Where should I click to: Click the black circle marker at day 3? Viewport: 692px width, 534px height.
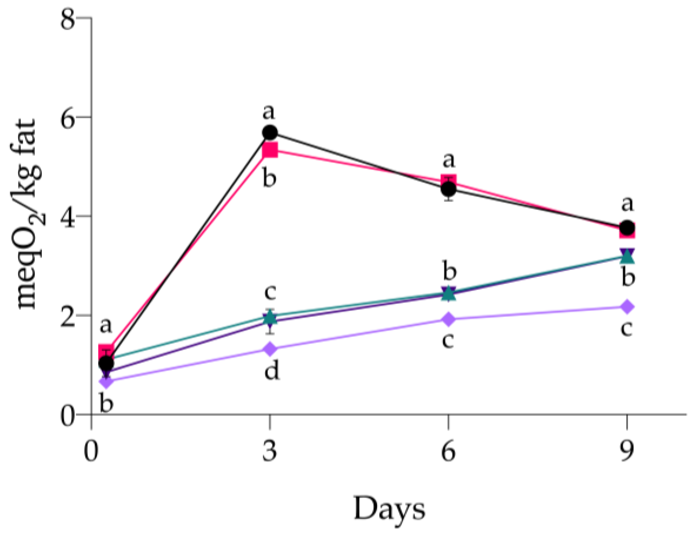tap(270, 133)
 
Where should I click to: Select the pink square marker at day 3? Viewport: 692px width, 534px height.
tap(270, 150)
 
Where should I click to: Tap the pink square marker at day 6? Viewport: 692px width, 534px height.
tap(449, 181)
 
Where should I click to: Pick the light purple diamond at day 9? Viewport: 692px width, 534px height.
tap(627, 307)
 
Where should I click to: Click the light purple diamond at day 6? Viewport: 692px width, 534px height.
tap(449, 319)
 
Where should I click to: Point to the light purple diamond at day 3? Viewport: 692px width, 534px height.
tap(270, 349)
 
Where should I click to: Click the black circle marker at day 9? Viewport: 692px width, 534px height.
tap(627, 227)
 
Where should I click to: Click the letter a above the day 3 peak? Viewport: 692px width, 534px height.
tap(269, 112)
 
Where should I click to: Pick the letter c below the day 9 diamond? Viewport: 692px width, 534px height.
tap(626, 328)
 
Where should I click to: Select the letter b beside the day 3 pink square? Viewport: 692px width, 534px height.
tap(269, 178)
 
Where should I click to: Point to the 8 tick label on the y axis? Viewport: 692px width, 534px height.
tap(68, 19)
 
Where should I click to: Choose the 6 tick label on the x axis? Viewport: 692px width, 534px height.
tap(449, 451)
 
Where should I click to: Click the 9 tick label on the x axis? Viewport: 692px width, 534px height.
tap(627, 451)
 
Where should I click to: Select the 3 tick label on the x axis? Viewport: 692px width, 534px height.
tap(270, 451)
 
